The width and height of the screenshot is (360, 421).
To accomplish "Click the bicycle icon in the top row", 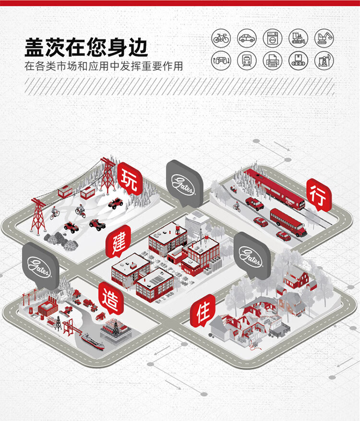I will (221, 38).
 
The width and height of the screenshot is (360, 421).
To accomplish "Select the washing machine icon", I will (273, 38).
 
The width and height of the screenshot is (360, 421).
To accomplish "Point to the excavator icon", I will (324, 38).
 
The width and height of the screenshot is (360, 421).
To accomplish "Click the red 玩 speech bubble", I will (130, 178).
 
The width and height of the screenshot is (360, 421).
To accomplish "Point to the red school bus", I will (288, 222).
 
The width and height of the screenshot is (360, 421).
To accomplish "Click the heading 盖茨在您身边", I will (86, 48).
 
